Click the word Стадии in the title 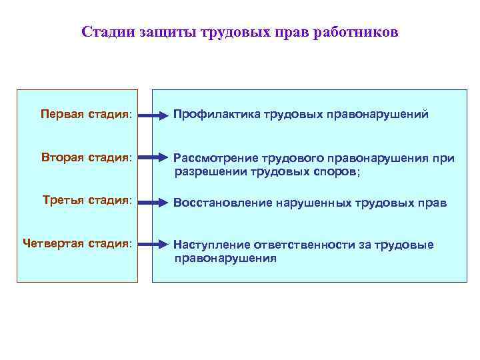(x=109, y=32)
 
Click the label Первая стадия (x=85, y=114)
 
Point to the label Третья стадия (x=87, y=200)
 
